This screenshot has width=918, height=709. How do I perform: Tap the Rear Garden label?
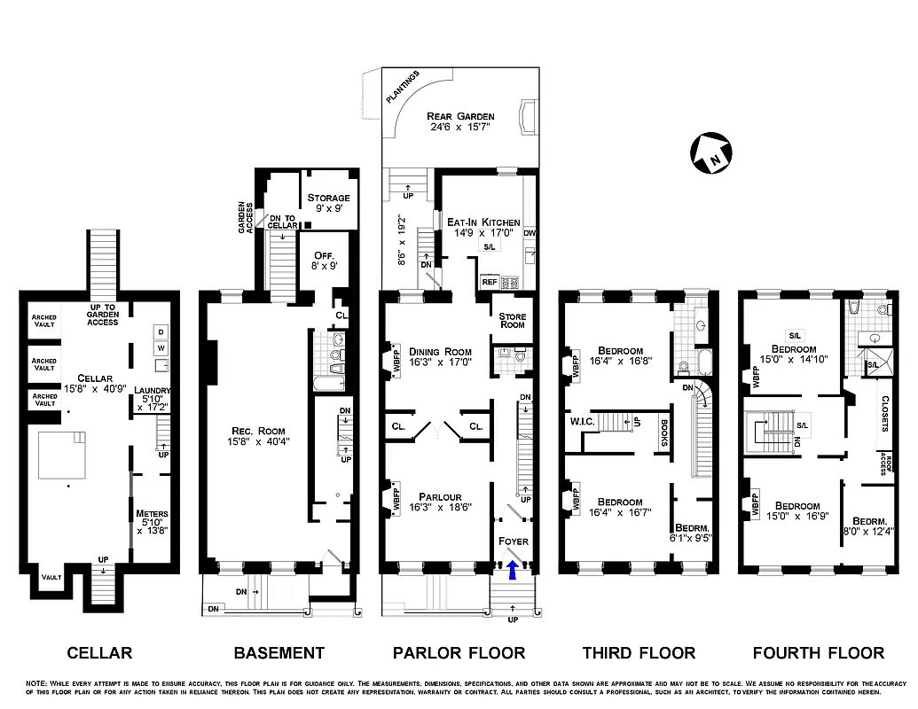460,116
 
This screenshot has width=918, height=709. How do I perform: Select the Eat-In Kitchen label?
483,222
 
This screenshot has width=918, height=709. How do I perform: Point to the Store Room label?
513,317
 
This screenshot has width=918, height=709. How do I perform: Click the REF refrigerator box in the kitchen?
489,282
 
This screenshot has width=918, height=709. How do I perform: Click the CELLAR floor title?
99,653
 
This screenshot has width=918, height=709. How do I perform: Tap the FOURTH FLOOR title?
818,653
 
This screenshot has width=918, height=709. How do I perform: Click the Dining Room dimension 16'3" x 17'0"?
435,362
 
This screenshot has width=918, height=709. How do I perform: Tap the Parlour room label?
435,496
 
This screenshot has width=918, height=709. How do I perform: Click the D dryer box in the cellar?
161,331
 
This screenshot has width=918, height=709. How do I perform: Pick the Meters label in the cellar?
152,513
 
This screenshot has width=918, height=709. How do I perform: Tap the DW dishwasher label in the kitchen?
530,233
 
